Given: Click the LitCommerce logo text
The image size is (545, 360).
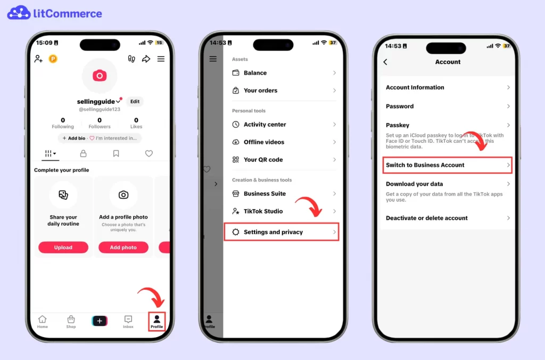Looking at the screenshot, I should [x=67, y=13].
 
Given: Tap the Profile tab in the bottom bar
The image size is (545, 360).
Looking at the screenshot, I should [x=156, y=321].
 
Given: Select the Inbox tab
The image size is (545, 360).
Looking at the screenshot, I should [x=128, y=321].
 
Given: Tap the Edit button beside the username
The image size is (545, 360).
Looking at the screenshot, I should [x=135, y=101].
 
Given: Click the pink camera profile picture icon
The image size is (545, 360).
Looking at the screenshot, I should [x=100, y=76].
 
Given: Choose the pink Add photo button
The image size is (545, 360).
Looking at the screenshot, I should [x=123, y=247].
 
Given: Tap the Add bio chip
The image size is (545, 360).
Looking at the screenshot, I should [x=73, y=138].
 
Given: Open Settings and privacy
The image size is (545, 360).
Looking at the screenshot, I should [x=273, y=232].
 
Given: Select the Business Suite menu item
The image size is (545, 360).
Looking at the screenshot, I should [x=265, y=194].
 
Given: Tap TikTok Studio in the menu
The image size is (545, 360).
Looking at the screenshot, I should [x=263, y=211].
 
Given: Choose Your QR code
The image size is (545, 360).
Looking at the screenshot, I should [x=263, y=160].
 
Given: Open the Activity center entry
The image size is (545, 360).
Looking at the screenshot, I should [x=265, y=125].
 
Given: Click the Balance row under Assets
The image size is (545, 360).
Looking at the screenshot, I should [x=255, y=73].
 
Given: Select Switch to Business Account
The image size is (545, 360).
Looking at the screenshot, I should [x=425, y=165].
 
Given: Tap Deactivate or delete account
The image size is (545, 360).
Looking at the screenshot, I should [x=426, y=218].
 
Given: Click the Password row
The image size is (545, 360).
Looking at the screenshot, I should [x=400, y=107].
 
